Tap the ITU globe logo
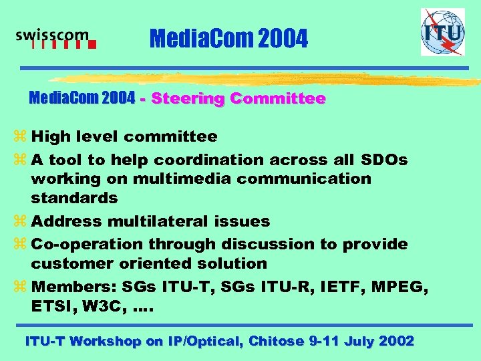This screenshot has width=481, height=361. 442,32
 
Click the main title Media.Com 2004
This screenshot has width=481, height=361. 229,39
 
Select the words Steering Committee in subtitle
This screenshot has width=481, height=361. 238,99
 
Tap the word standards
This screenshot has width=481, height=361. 74,198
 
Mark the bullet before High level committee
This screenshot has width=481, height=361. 21,137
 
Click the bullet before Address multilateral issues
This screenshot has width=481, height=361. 21,221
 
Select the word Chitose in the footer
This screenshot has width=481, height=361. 276,342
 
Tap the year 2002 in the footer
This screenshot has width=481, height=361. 396,342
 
